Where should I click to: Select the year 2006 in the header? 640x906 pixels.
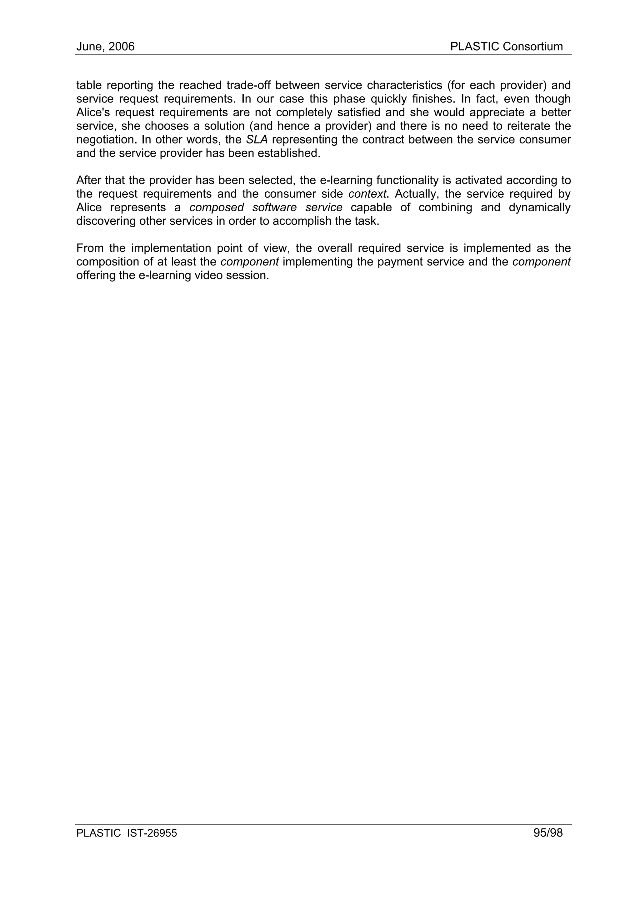click(x=122, y=47)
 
